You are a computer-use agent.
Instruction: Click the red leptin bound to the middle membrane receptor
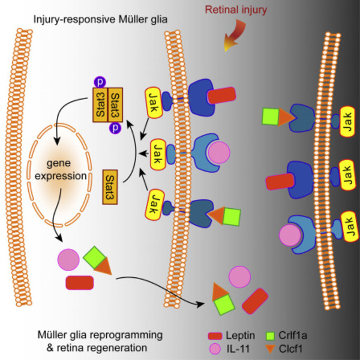click(221, 95)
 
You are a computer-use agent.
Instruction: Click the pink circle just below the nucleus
click(67, 260)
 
